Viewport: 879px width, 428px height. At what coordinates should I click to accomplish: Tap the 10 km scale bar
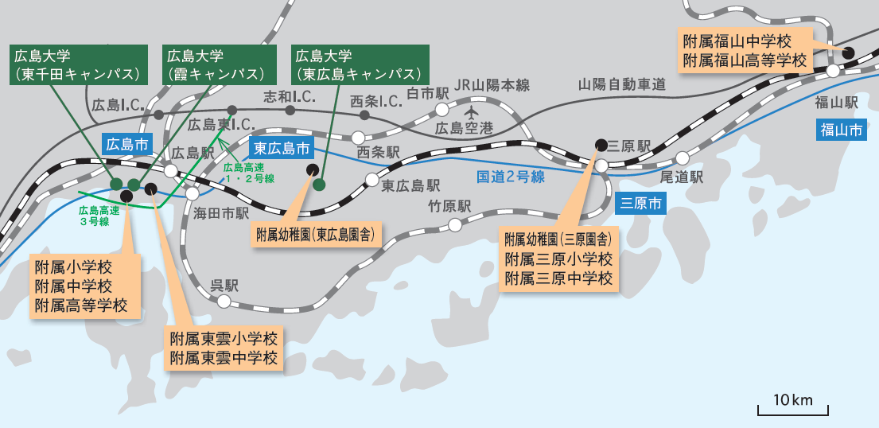coord(793,409)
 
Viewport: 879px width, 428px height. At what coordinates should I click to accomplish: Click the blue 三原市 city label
coord(641,203)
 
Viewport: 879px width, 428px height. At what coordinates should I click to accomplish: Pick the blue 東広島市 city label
coord(282,148)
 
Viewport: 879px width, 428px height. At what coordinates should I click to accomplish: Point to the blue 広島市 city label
coord(127,145)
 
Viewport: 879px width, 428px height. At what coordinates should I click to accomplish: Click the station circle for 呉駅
coord(224,302)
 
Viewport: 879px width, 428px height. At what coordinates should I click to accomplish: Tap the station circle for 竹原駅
coord(454,224)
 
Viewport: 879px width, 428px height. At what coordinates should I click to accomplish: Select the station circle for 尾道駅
coord(682,158)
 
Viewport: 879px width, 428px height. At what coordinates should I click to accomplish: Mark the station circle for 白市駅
coord(441,110)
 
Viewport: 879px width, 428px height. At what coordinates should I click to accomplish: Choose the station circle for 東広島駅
coord(371,179)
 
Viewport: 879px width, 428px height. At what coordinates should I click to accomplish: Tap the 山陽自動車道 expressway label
coord(621,84)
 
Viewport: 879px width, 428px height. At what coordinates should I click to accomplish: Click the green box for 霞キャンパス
coord(217,64)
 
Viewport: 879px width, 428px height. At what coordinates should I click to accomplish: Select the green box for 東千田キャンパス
coord(77,64)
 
